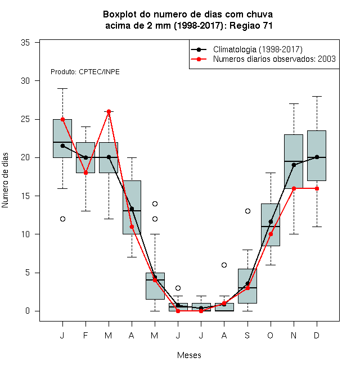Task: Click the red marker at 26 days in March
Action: (109, 111)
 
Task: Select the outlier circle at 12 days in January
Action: (62, 219)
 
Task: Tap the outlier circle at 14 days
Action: (155, 203)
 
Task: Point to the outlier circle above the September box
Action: (247, 211)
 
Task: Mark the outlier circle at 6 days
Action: (224, 265)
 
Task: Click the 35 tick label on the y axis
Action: (25, 43)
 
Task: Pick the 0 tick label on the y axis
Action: (28, 311)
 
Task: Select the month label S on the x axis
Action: (247, 335)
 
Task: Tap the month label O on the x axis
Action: (270, 335)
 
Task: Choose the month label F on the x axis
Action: (85, 335)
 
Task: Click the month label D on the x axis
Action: (317, 335)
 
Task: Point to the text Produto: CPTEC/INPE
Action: (85, 72)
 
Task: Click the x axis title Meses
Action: (189, 355)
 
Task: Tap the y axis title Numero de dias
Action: (5, 180)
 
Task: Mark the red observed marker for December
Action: (317, 188)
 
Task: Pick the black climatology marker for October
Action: (271, 221)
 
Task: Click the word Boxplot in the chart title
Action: (120, 15)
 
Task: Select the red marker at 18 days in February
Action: (85, 173)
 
